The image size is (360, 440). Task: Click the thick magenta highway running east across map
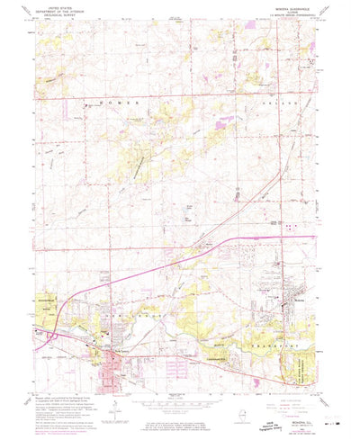point(270,238)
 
